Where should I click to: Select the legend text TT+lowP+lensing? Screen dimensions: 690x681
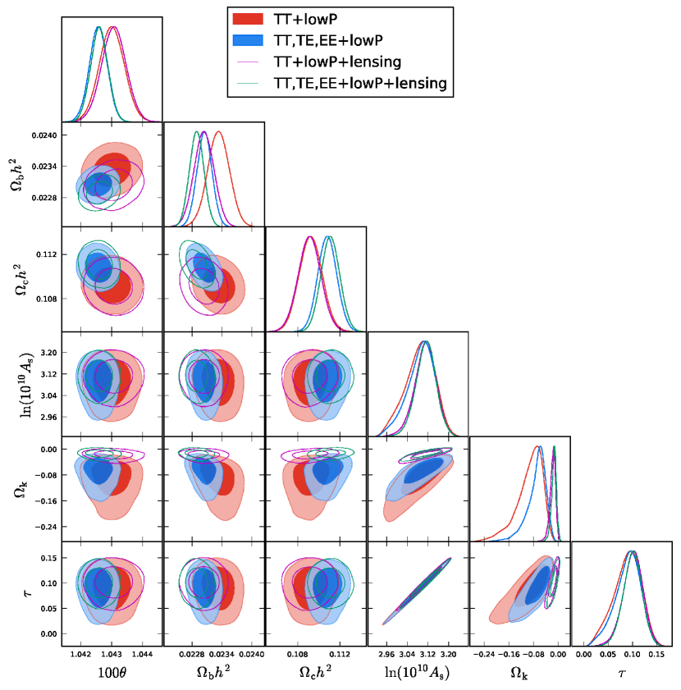point(336,62)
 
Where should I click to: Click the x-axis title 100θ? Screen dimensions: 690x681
point(112,672)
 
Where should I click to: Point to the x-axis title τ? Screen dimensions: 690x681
point(622,672)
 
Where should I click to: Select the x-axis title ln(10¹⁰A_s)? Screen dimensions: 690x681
point(418,672)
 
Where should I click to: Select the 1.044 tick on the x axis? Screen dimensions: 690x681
point(143,655)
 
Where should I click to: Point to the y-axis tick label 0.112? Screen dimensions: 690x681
point(46,255)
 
